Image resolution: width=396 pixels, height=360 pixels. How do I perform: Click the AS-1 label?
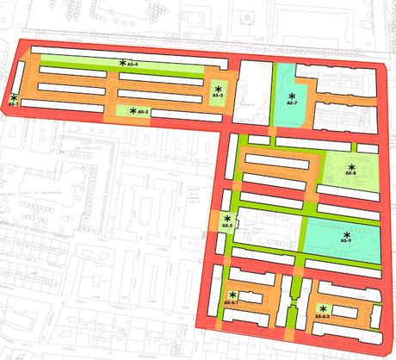click(13, 103)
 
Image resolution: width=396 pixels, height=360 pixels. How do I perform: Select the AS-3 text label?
click(218, 96)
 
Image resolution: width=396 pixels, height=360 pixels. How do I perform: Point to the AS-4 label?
click(133, 64)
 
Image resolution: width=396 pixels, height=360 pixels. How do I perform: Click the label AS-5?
click(226, 226)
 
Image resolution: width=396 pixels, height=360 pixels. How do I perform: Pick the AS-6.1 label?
click(231, 303)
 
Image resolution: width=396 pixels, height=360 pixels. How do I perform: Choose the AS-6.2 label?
click(323, 317)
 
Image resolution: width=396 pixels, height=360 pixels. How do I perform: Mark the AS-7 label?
click(292, 103)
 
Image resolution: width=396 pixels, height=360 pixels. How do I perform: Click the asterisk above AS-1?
click(14, 97)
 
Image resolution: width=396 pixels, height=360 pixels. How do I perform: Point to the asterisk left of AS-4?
click(123, 64)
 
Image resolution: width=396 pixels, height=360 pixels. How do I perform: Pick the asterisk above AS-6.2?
click(324, 309)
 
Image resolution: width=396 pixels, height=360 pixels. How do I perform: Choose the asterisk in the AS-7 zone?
click(292, 96)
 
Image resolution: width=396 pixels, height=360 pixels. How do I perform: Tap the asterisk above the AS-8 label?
click(351, 165)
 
